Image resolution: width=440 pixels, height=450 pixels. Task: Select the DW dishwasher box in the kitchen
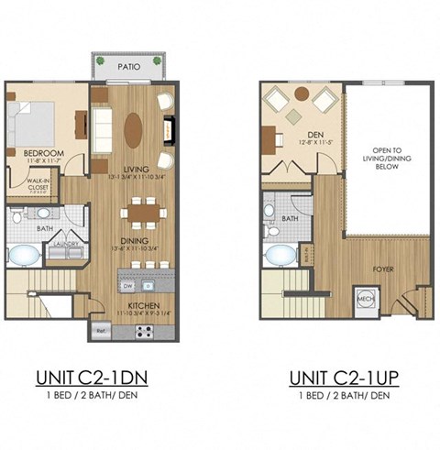coord(127,282)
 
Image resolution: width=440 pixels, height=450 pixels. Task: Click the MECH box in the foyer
coord(365,299)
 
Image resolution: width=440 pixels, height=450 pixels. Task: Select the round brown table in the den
coord(302,94)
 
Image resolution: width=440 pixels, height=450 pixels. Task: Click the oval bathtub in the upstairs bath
coord(273,256)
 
